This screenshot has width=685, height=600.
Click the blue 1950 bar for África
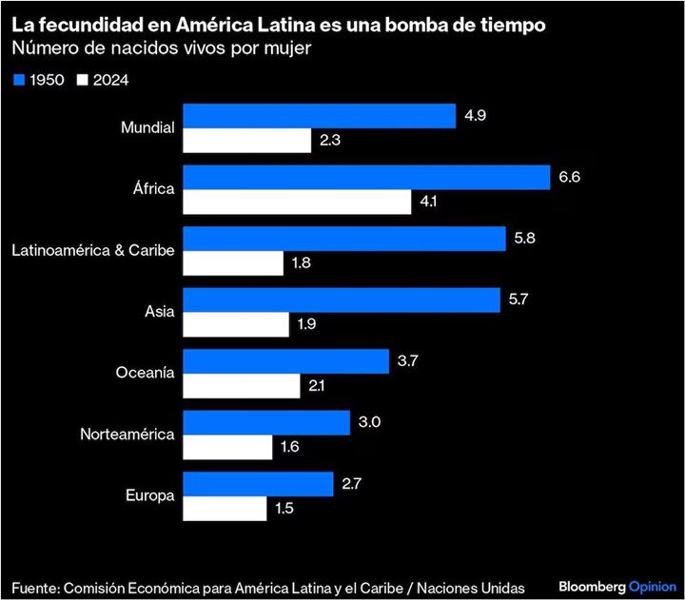tap(366, 178)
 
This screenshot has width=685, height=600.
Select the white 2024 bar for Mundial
tap(246, 141)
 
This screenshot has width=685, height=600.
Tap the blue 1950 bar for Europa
tap(258, 484)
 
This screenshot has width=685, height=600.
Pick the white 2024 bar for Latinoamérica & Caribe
tap(233, 263)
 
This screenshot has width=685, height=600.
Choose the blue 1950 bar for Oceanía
tap(285, 361)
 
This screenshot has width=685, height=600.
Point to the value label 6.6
tap(571, 178)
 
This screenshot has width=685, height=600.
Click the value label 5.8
tap(526, 239)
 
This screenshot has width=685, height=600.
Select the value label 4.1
tap(432, 203)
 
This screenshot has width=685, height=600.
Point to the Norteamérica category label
tap(127, 435)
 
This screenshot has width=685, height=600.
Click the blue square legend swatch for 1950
tap(18, 80)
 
